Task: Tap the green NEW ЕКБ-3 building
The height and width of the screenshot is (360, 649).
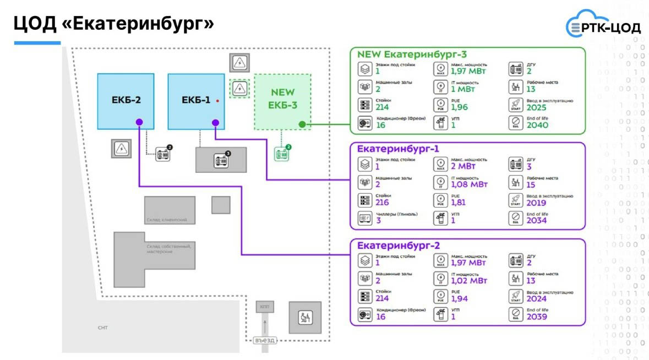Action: coord(283,102)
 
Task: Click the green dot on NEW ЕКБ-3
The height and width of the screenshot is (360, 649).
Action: coord(302,124)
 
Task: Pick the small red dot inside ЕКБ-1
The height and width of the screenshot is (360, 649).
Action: coord(218,101)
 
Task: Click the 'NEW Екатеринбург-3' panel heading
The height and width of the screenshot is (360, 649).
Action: coord(412,54)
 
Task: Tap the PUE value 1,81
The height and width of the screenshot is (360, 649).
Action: coord(458,202)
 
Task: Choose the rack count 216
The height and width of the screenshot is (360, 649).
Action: coord(382,202)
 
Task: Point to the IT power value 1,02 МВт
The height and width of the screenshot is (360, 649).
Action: coord(468,280)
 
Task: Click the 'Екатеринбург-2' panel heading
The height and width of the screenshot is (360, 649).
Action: coord(398,245)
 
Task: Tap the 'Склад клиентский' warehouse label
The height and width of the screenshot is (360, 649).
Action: coord(167,220)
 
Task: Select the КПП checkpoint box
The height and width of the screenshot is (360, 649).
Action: coord(265,307)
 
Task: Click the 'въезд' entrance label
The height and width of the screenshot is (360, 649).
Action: coord(265,340)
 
